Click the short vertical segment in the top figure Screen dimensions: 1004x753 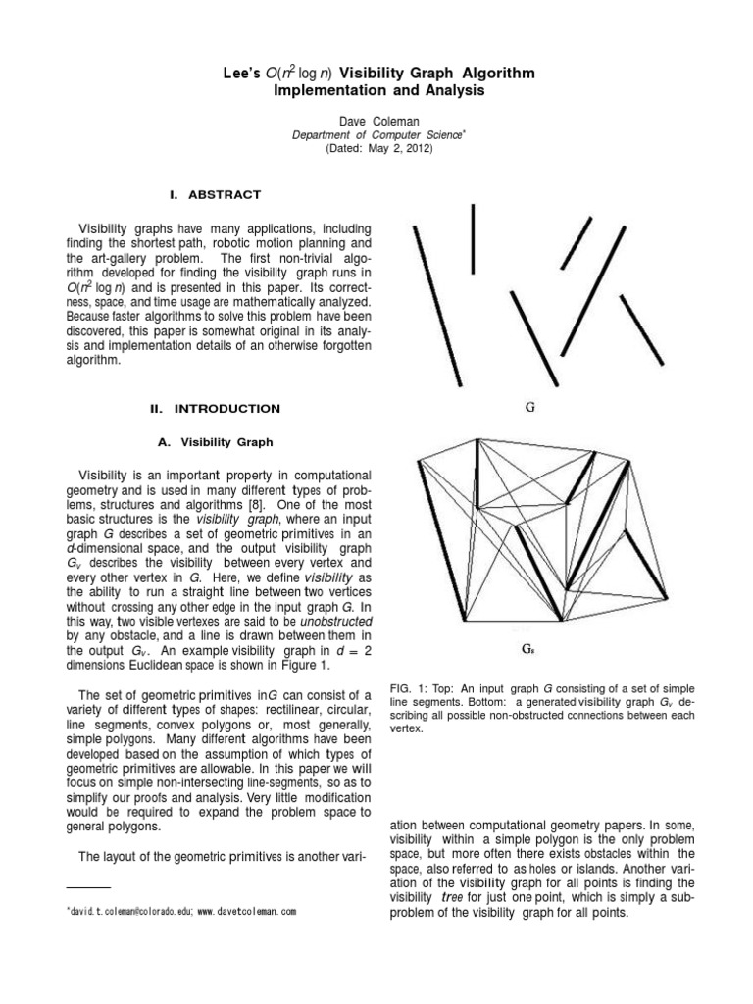click(x=474, y=239)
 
